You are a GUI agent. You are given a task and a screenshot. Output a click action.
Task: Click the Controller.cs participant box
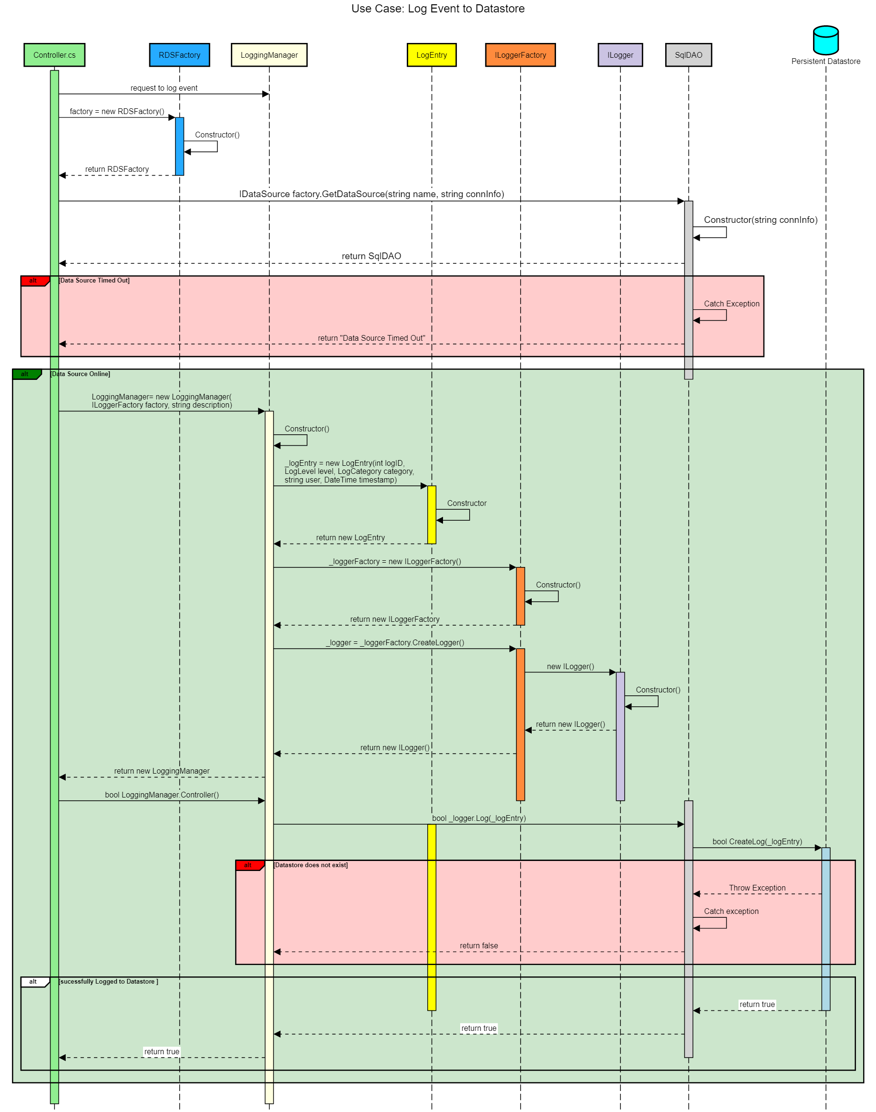pos(54,55)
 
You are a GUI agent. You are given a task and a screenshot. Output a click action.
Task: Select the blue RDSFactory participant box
pos(179,55)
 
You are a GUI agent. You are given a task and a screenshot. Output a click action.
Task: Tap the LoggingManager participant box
pos(269,55)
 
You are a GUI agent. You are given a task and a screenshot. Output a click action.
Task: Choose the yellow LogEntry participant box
pos(432,55)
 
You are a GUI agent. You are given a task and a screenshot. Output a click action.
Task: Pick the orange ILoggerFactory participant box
pos(520,55)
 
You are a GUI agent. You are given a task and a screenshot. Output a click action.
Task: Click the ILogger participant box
pos(620,55)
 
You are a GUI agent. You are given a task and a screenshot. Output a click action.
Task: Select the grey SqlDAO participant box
pos(688,55)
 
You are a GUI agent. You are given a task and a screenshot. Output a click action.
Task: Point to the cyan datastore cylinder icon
pos(826,40)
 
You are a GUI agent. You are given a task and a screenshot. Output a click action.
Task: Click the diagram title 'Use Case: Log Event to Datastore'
pos(438,9)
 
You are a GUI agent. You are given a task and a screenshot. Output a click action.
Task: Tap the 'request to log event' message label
pos(164,88)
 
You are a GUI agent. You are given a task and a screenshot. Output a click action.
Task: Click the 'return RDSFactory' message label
pos(117,169)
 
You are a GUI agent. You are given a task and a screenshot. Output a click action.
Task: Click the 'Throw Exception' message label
pos(757,888)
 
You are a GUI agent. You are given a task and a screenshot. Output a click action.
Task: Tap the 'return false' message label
pos(478,946)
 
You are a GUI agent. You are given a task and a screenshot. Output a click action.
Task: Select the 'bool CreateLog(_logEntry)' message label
pos(757,841)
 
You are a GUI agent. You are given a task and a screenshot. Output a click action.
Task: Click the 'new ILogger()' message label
pos(570,667)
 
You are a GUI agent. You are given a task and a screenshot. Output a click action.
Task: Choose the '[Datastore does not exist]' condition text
pos(311,865)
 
